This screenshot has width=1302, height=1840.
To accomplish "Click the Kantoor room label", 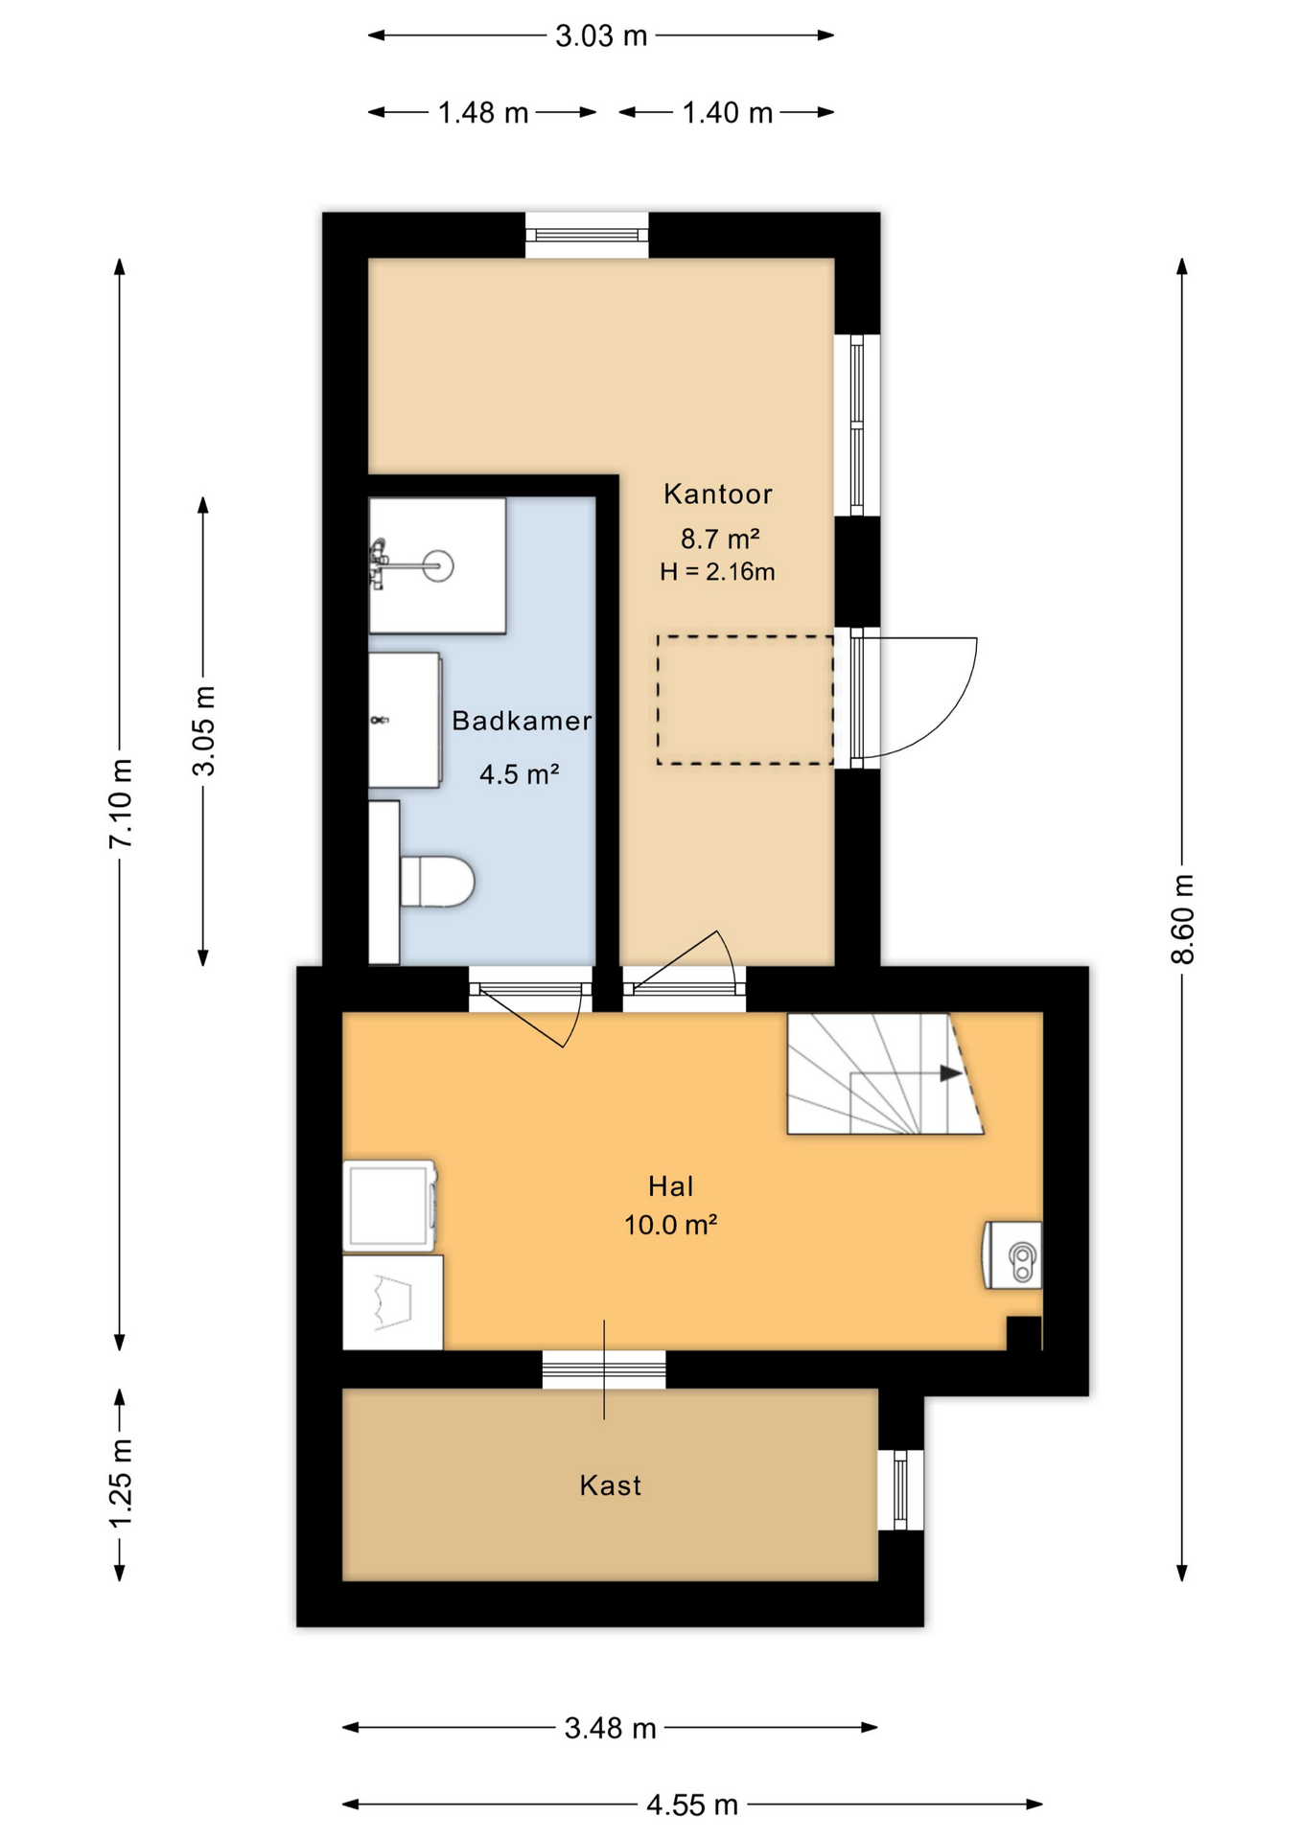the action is (717, 494).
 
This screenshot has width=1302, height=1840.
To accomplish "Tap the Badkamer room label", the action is (522, 721).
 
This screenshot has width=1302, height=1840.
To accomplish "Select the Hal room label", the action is (670, 1186).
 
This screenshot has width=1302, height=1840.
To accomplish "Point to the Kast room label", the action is (610, 1485).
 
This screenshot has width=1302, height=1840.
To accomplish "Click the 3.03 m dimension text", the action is (601, 36).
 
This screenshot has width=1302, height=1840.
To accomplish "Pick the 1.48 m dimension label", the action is (483, 113).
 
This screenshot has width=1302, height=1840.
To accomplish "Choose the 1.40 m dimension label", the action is (727, 113).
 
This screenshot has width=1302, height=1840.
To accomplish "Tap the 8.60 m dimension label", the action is (1183, 919).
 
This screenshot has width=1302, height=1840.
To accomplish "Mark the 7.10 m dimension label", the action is (121, 803).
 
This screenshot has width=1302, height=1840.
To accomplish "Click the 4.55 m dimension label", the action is (691, 1805).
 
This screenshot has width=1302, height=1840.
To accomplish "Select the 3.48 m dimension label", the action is (610, 1728).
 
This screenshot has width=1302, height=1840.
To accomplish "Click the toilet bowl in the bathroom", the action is (437, 882).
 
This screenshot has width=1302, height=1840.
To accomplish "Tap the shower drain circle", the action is (438, 565).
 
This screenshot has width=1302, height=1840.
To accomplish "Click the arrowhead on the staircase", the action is (950, 1073).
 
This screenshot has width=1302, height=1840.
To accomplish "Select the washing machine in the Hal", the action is (390, 1206).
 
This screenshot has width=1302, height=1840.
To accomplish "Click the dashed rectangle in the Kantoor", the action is (745, 700).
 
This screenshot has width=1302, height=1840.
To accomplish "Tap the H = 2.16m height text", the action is (717, 572).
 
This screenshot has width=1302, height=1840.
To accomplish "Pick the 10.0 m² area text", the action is (670, 1225).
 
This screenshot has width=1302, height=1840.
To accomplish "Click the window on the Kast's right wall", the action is (900, 1490).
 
